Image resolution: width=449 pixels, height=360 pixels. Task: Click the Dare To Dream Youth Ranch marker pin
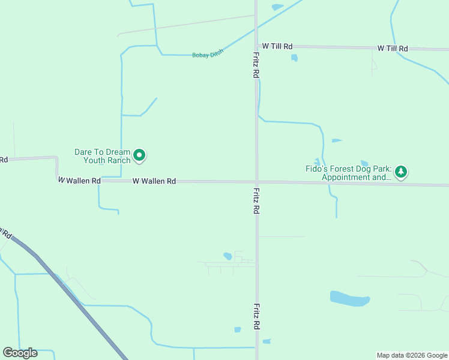pyautogui.click(x=139, y=155)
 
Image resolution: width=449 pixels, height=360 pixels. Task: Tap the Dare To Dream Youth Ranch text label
pyautogui.click(x=102, y=156)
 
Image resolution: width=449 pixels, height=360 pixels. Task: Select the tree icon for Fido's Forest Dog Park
pyautogui.click(x=401, y=172)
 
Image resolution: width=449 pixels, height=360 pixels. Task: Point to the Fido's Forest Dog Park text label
pyautogui.click(x=348, y=173)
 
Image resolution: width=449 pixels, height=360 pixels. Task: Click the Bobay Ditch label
pyautogui.click(x=208, y=55)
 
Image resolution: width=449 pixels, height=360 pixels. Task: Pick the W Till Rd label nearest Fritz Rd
pyautogui.click(x=277, y=46)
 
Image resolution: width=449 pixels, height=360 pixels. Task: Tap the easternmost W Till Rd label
pyautogui.click(x=393, y=48)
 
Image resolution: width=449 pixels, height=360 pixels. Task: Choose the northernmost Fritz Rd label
pyautogui.click(x=256, y=64)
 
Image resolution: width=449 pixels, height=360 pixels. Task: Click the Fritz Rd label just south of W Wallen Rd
pyautogui.click(x=256, y=201)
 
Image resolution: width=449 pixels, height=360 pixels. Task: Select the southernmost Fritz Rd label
pyautogui.click(x=256, y=316)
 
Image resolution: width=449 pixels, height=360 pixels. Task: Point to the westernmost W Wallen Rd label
pyautogui.click(x=79, y=180)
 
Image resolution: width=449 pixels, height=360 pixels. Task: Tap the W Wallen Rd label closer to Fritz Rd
pyautogui.click(x=154, y=181)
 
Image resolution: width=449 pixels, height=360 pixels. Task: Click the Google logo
pyautogui.click(x=20, y=353)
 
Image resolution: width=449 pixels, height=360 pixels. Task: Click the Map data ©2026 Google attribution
pyautogui.click(x=412, y=355)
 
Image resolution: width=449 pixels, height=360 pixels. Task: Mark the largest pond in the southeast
pyautogui.click(x=349, y=298)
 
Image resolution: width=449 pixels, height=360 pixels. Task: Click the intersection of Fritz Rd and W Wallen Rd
pyautogui.click(x=256, y=181)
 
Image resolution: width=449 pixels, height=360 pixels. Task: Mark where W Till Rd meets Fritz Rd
pyautogui.click(x=256, y=46)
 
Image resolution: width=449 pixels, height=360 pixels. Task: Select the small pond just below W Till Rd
pyautogui.click(x=294, y=58)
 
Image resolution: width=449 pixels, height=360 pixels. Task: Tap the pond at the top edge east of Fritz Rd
pyautogui.click(x=277, y=7)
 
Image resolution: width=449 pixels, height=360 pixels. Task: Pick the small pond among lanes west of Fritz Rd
pyautogui.click(x=228, y=256)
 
